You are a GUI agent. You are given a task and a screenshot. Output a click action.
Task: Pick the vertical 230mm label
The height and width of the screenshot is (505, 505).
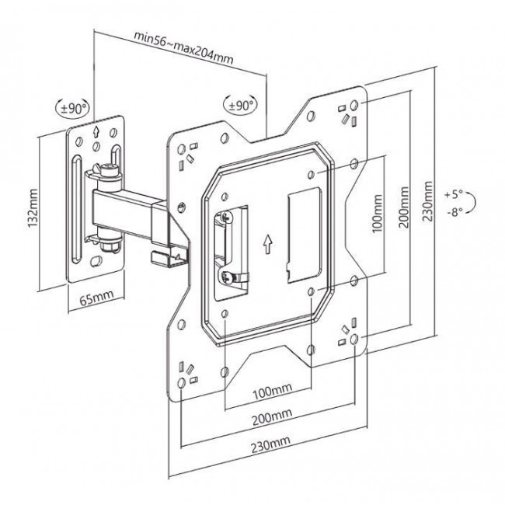[x=427, y=200]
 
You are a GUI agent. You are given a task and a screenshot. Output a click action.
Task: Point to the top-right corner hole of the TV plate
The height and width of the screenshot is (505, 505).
[x=353, y=105]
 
